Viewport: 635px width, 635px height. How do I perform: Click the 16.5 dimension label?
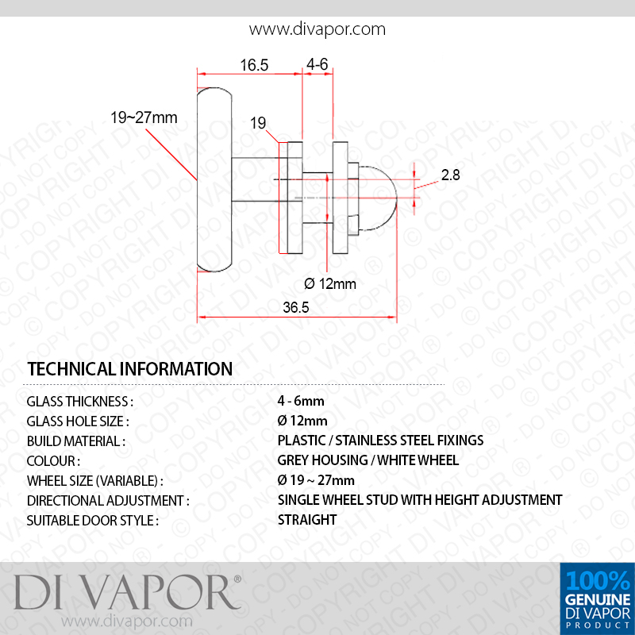254,65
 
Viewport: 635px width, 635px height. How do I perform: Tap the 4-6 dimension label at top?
317,64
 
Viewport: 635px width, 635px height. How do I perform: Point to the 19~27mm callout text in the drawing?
144,117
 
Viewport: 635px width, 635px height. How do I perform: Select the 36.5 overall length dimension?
295,307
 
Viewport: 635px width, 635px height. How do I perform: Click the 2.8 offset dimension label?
450,175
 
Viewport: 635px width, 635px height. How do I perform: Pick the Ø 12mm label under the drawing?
330,283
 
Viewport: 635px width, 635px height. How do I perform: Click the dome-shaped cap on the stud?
379,198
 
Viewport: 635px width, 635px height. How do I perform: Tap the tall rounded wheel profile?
214,179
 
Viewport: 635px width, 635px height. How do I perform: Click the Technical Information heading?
129,369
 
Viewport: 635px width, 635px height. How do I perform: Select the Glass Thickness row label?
80,402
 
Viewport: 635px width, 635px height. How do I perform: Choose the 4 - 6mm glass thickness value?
301,401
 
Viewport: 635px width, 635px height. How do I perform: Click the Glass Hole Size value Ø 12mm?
302,421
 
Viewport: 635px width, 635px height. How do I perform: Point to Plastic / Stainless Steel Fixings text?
380,441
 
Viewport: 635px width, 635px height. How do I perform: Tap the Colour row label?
53,461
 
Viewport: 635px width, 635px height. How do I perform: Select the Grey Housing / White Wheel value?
368,460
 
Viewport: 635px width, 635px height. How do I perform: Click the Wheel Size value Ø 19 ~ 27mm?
316,480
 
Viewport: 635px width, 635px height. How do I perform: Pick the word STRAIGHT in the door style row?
307,520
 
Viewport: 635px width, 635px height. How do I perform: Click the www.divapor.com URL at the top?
317,29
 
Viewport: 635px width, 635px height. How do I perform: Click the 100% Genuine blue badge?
598,598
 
